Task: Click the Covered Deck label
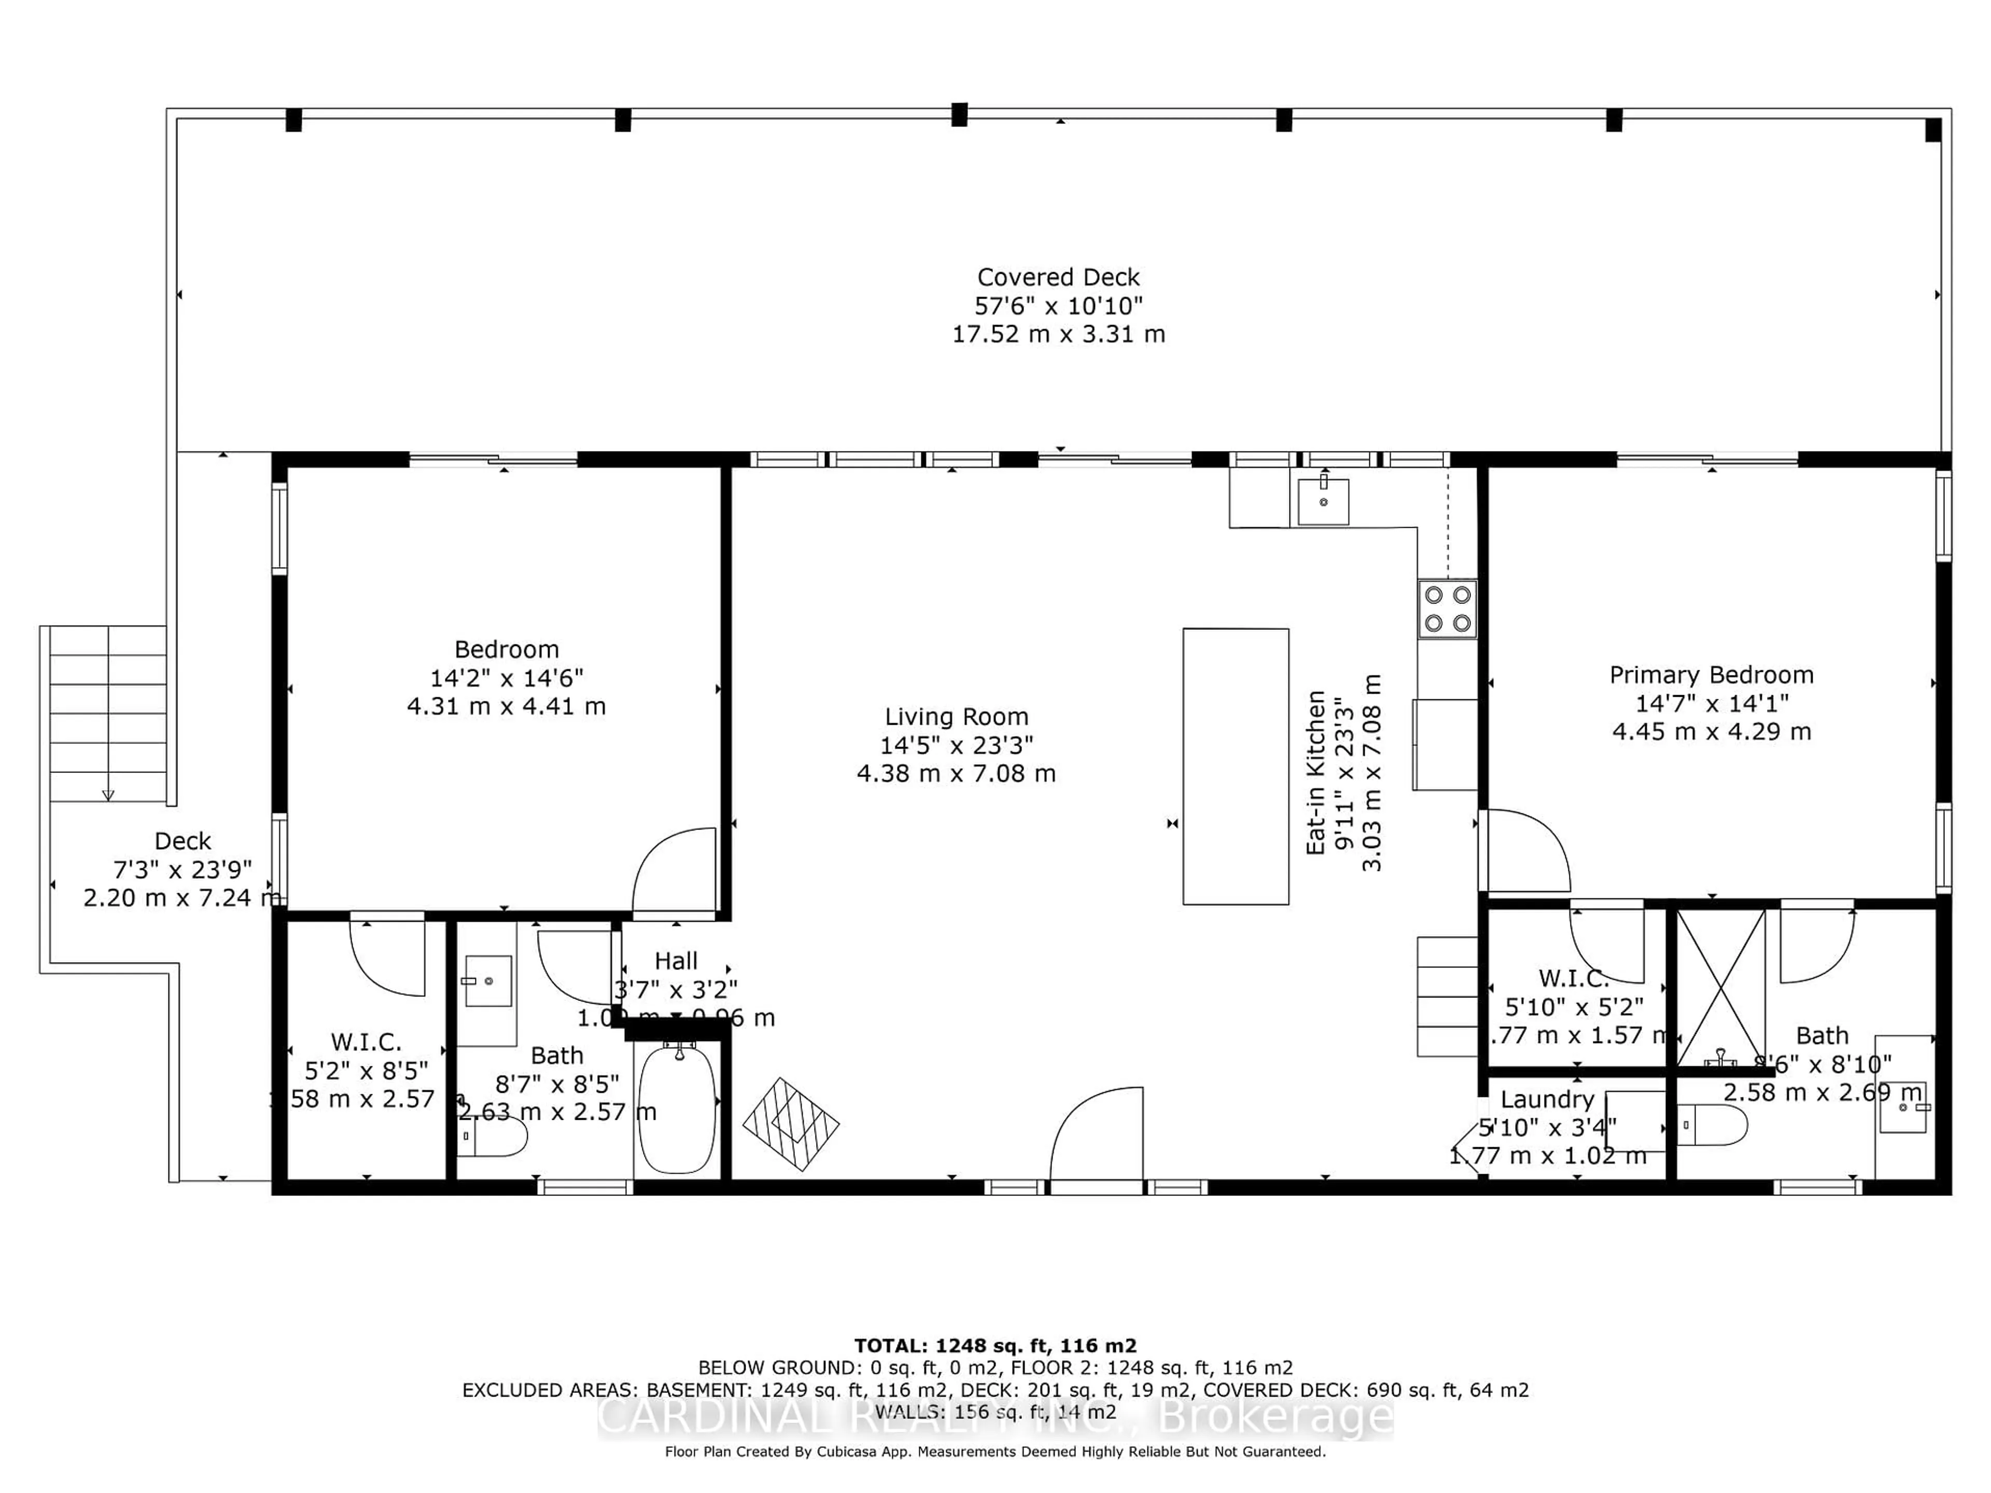(1059, 277)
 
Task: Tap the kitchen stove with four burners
(1447, 609)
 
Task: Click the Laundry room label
(1547, 1099)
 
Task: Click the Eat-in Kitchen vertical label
(1316, 772)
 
